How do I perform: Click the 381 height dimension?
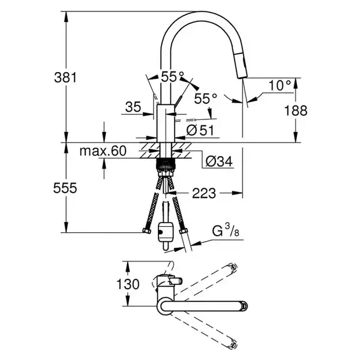point(65,77)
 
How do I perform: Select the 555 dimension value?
point(65,188)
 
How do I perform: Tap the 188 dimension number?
point(296,110)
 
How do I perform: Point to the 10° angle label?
point(280,85)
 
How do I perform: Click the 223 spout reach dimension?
point(204,193)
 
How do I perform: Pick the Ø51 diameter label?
point(200,130)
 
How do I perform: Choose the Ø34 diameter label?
point(219,161)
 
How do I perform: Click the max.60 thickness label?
point(103,151)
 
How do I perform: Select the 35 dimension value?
point(133,107)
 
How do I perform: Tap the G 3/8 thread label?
point(226,230)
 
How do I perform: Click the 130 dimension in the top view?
point(128,284)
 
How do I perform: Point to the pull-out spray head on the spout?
point(241,65)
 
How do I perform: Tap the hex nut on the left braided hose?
point(146,230)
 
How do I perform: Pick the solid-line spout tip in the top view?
point(244,306)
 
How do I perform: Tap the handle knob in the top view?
point(175,281)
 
